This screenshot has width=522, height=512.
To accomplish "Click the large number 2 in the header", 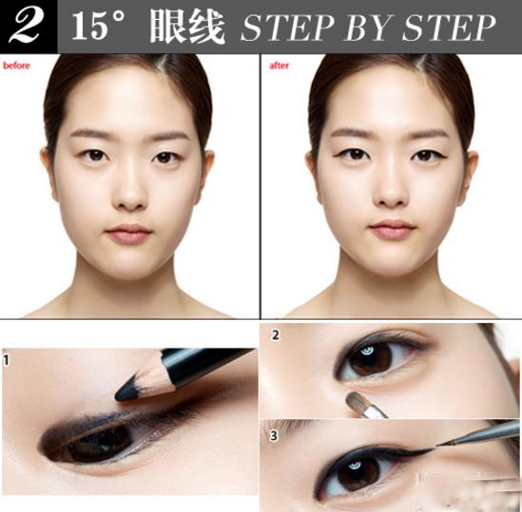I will tap(26, 26).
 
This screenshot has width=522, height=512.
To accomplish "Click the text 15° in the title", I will tap(101, 27).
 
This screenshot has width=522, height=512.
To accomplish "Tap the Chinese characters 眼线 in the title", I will tap(186, 27).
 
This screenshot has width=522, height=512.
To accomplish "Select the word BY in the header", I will tap(366, 28).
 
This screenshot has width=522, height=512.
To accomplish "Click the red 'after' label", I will tap(279, 66).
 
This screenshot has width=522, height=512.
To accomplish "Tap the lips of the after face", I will tap(392, 229).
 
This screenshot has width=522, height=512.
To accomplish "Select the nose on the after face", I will tap(392, 190).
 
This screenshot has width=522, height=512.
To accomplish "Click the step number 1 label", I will tap(8, 360).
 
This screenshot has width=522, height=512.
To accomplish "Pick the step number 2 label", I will tap(276, 334).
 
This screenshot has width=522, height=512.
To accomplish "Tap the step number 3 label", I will tap(276, 437).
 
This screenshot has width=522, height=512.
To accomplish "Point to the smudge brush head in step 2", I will tap(358, 401).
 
